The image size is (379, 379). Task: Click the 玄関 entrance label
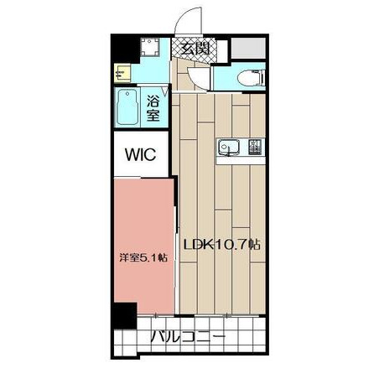pos(195,49)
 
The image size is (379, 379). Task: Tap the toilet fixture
pos(251,76)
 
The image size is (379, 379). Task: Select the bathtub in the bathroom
pos(127,107)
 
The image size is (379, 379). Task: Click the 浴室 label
pos(153,108)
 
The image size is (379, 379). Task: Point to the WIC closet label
pos(140,154)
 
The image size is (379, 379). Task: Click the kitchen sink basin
pos(229,147)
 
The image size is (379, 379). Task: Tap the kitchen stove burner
pos(256,147)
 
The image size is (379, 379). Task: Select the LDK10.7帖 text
pos(221,245)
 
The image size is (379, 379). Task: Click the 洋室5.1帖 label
pos(143,257)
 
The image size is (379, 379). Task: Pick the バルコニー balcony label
pos(188,338)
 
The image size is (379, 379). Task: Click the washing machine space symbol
pos(150,47)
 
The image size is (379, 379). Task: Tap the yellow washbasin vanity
pos(122,73)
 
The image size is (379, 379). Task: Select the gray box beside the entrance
pos(248,48)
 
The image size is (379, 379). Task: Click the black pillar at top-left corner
pos(125,49)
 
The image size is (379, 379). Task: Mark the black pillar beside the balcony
pos(124,315)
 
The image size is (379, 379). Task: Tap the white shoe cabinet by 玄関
pos(222,51)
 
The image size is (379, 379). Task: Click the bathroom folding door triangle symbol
pos(165,92)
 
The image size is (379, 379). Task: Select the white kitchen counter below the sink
pos(241,161)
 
